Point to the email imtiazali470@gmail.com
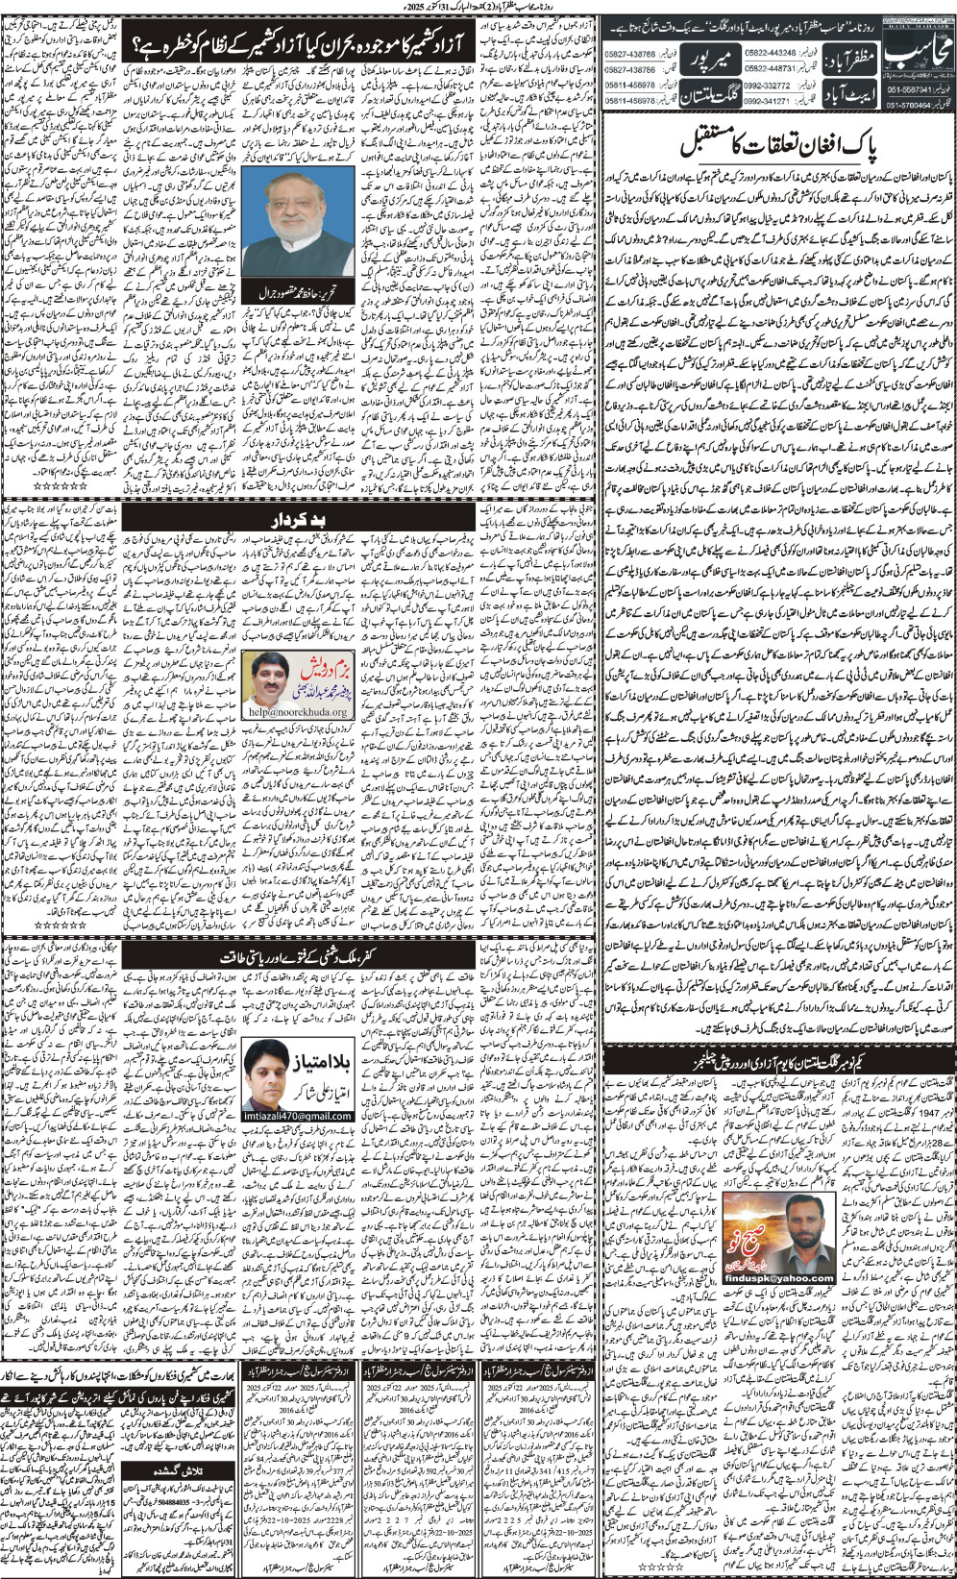pos(299,1116)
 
